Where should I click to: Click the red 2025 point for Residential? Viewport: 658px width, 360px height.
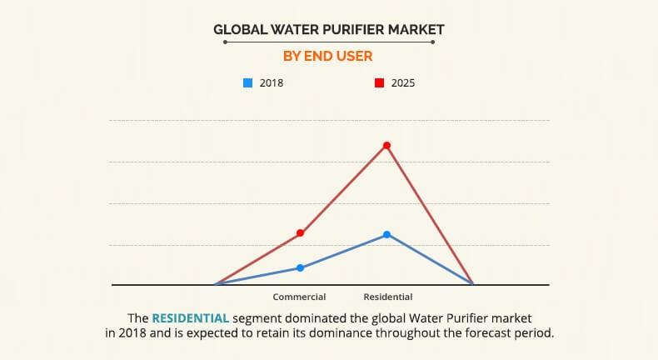coord(387,146)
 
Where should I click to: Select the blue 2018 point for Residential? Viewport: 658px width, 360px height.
coord(387,235)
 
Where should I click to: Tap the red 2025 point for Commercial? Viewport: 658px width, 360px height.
coord(301,233)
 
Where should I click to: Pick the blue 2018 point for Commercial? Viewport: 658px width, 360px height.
coord(301,268)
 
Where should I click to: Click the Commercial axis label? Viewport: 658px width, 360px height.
coord(299,297)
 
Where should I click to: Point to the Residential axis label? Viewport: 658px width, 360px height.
coord(388,297)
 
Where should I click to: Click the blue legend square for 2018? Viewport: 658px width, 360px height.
coord(247,83)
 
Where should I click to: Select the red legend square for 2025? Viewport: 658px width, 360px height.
coord(379,83)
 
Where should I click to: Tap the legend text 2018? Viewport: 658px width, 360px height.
coord(272,83)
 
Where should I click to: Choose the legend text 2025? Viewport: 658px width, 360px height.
coord(403,83)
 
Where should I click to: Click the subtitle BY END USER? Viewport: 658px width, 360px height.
coord(329,56)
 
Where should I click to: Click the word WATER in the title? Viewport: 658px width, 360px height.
coord(297,29)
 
